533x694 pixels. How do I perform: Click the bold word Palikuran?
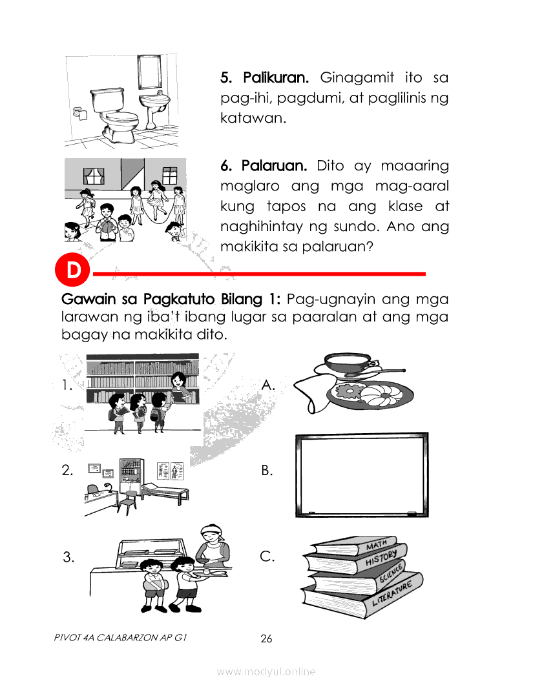[x=276, y=77]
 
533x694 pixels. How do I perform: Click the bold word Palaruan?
[x=274, y=166]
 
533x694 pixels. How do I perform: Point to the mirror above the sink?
[x=149, y=72]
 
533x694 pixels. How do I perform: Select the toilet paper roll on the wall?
[x=79, y=114]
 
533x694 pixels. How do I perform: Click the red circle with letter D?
[x=72, y=269]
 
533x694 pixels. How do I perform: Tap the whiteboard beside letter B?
[x=362, y=475]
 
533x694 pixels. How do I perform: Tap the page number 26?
[x=266, y=638]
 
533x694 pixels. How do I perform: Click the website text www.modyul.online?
[x=266, y=672]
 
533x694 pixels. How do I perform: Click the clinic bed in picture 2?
[x=165, y=493]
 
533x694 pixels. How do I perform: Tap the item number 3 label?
[x=68, y=556]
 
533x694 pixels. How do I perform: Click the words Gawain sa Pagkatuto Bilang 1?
[x=171, y=300]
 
